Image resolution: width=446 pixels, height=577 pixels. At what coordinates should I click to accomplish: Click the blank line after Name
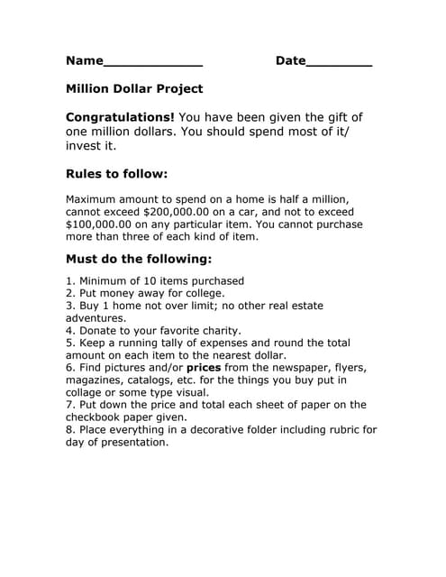(153, 64)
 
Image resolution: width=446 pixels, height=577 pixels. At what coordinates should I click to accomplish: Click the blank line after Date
(339, 64)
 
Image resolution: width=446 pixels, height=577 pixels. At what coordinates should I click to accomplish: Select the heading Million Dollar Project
(134, 89)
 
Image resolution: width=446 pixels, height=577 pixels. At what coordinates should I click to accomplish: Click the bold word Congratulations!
(121, 118)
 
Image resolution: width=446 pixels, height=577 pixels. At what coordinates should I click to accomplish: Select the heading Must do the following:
(139, 260)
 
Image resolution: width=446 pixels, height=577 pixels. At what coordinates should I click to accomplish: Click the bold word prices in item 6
(204, 368)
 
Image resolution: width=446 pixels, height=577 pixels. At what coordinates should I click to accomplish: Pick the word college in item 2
(199, 293)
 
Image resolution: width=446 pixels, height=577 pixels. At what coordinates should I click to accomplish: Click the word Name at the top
(85, 61)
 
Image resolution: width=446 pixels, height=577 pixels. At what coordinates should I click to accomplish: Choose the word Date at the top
(290, 61)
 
